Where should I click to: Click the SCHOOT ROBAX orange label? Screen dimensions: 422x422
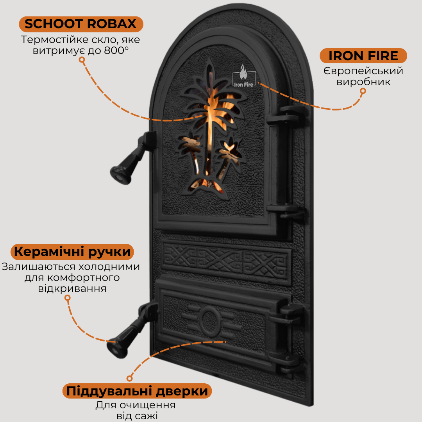[81, 24]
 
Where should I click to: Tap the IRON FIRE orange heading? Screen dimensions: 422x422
[363, 56]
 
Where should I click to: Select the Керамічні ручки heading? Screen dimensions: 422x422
[72, 252]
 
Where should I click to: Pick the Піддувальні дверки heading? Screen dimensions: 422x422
[137, 391]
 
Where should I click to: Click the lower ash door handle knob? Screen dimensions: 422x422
[118, 348]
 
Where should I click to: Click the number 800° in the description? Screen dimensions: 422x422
[116, 50]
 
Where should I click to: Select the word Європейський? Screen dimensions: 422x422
[363, 71]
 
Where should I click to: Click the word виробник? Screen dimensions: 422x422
[363, 82]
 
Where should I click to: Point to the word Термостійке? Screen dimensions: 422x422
[54, 40]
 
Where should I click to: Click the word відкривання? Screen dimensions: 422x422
[72, 288]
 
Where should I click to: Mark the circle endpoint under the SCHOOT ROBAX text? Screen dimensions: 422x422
[82, 60]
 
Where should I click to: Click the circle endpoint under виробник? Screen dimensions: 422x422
[363, 91]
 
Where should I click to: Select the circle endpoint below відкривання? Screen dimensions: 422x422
[68, 298]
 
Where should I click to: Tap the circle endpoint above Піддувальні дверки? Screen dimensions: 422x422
[129, 378]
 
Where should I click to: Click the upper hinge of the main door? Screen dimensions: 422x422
[287, 116]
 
